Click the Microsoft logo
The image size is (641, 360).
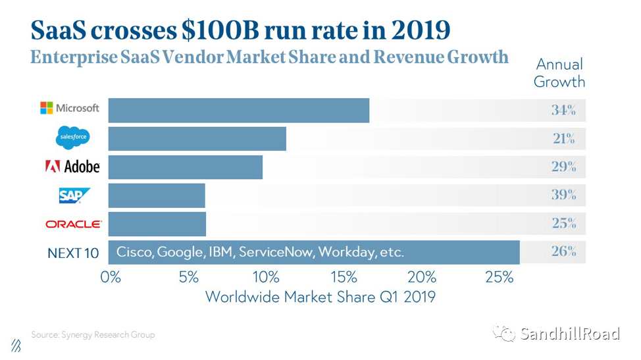click(x=70, y=109)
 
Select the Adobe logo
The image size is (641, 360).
click(x=72, y=167)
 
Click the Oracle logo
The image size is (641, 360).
click(x=74, y=224)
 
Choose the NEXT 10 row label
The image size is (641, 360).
click(x=73, y=253)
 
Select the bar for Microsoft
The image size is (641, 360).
click(x=238, y=110)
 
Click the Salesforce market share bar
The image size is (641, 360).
click(x=197, y=139)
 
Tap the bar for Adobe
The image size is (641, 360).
click(x=185, y=167)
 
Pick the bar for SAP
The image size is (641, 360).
click(x=157, y=195)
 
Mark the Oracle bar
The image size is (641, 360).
click(x=157, y=224)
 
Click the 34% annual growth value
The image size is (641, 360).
click(x=563, y=110)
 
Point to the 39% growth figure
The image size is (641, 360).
click(x=563, y=195)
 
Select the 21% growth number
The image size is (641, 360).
click(x=563, y=139)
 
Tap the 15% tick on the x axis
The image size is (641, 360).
click(x=344, y=276)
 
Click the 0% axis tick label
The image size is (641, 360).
click(x=111, y=276)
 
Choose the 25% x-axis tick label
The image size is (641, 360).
click(x=499, y=276)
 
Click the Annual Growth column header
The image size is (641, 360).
click(x=559, y=73)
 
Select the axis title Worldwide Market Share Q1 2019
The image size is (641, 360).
click(x=320, y=297)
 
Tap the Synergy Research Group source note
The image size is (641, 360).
click(x=93, y=334)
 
